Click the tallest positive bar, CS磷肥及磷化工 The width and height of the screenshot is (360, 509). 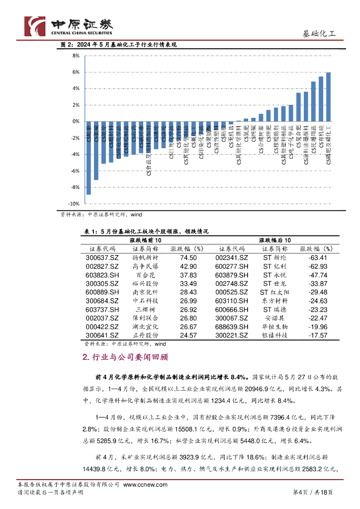pyautogui.click(x=328, y=97)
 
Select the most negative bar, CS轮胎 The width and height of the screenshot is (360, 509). pyautogui.click(x=89, y=158)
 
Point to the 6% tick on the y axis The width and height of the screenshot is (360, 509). pyautogui.click(x=76, y=72)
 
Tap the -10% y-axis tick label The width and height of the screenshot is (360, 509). pyautogui.click(x=74, y=204)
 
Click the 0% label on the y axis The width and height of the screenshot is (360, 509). pyautogui.click(x=76, y=121)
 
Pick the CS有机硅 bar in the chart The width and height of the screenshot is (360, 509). pyautogui.click(x=321, y=99)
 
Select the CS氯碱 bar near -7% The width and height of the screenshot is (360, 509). pyautogui.click(x=96, y=151)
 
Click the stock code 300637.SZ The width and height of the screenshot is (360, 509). pyautogui.click(x=102, y=258)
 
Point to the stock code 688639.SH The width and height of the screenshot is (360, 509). pyautogui.click(x=231, y=327)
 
